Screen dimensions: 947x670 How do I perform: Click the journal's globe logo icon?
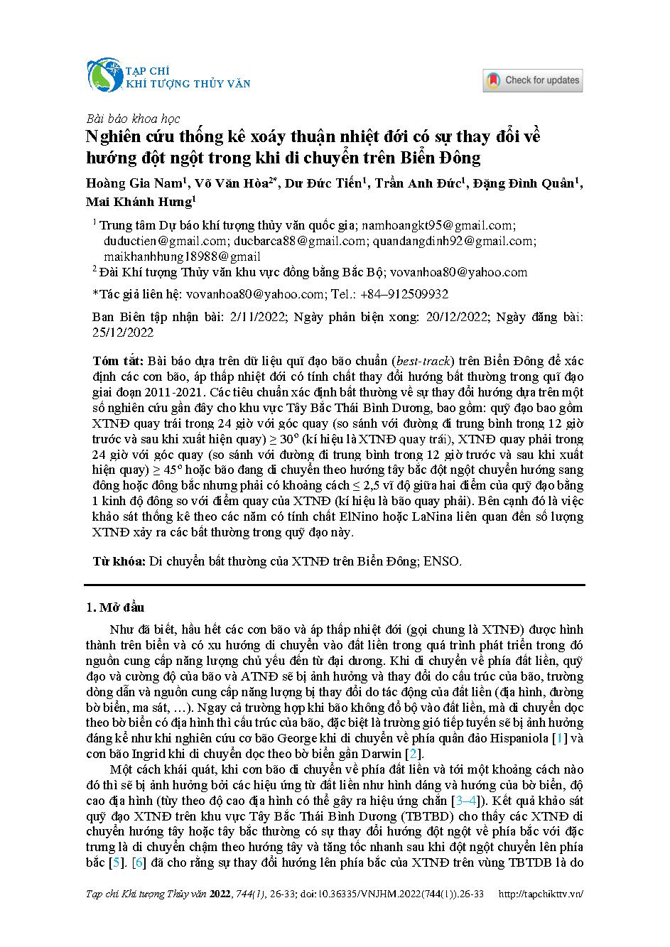105,76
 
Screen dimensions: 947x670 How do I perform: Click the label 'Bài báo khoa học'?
132,119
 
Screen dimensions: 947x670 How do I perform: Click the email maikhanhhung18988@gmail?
182,256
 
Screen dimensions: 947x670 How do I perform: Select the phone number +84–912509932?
404,294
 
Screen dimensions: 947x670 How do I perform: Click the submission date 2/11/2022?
254,317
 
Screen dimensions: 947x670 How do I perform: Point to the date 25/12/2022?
123,332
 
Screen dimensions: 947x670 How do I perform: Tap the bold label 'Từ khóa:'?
119,561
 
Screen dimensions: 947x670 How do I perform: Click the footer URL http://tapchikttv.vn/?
542,894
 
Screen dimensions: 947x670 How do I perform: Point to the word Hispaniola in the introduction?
517,738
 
